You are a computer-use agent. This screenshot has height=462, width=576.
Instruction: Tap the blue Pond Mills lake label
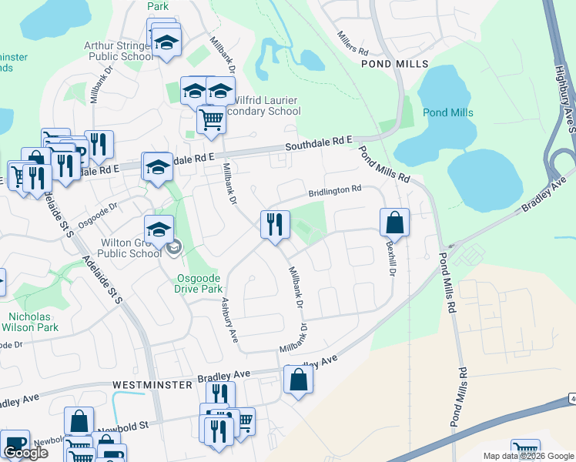click(x=448, y=112)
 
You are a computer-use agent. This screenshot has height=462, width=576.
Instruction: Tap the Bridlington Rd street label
click(x=335, y=189)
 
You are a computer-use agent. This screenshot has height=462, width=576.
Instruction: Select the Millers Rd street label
click(x=352, y=42)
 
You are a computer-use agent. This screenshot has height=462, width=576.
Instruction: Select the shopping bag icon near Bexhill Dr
click(x=394, y=223)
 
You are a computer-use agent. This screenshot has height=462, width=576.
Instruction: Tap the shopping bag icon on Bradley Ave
click(x=298, y=380)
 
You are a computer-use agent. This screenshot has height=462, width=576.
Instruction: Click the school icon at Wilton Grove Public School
click(x=159, y=229)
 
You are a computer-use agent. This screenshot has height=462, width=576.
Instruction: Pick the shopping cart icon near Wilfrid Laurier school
click(x=210, y=120)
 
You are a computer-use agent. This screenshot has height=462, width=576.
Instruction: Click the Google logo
click(x=25, y=453)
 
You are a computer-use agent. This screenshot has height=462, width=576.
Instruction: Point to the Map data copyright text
click(x=527, y=456)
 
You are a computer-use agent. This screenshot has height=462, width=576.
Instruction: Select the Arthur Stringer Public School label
click(x=119, y=51)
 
